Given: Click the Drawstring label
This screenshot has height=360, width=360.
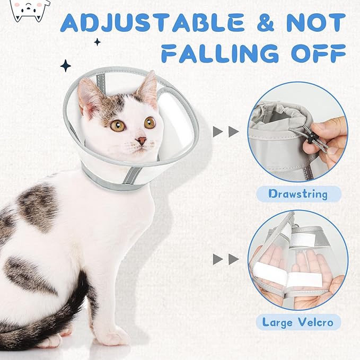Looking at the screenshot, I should [297, 194].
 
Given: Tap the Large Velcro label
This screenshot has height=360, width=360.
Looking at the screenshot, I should [297, 322].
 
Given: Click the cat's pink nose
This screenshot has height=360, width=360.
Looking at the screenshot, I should [141, 141].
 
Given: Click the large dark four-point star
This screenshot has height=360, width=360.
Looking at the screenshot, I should [65, 65].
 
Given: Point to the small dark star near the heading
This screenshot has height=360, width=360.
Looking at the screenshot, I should [97, 42].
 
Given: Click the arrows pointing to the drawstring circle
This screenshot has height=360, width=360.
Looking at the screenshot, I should [225, 132].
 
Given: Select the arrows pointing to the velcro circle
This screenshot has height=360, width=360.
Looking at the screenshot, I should [225, 259].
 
